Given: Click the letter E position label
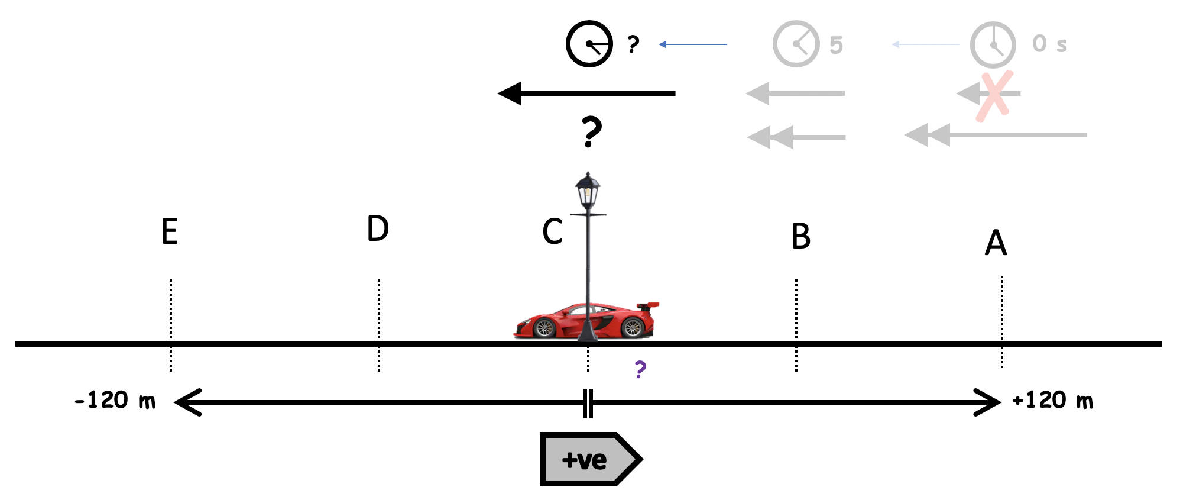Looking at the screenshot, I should (170, 231).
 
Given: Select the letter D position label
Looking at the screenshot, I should (378, 229).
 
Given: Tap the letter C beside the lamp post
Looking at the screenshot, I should (552, 231).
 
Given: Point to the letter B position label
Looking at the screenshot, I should (800, 236).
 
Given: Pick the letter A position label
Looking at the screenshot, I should (996, 243).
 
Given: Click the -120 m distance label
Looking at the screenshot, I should (115, 401).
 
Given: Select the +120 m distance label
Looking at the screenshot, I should (1052, 401).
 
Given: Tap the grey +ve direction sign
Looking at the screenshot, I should (589, 459).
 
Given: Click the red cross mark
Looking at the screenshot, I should (994, 96).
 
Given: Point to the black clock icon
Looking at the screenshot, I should (589, 44).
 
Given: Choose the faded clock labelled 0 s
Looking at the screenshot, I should (993, 45).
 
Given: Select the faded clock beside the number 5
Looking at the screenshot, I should (796, 44).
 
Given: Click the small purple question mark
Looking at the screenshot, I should (640, 369).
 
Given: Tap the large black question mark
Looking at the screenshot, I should (591, 131).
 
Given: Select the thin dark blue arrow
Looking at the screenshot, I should (693, 44).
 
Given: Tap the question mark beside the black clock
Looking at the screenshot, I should (633, 44).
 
